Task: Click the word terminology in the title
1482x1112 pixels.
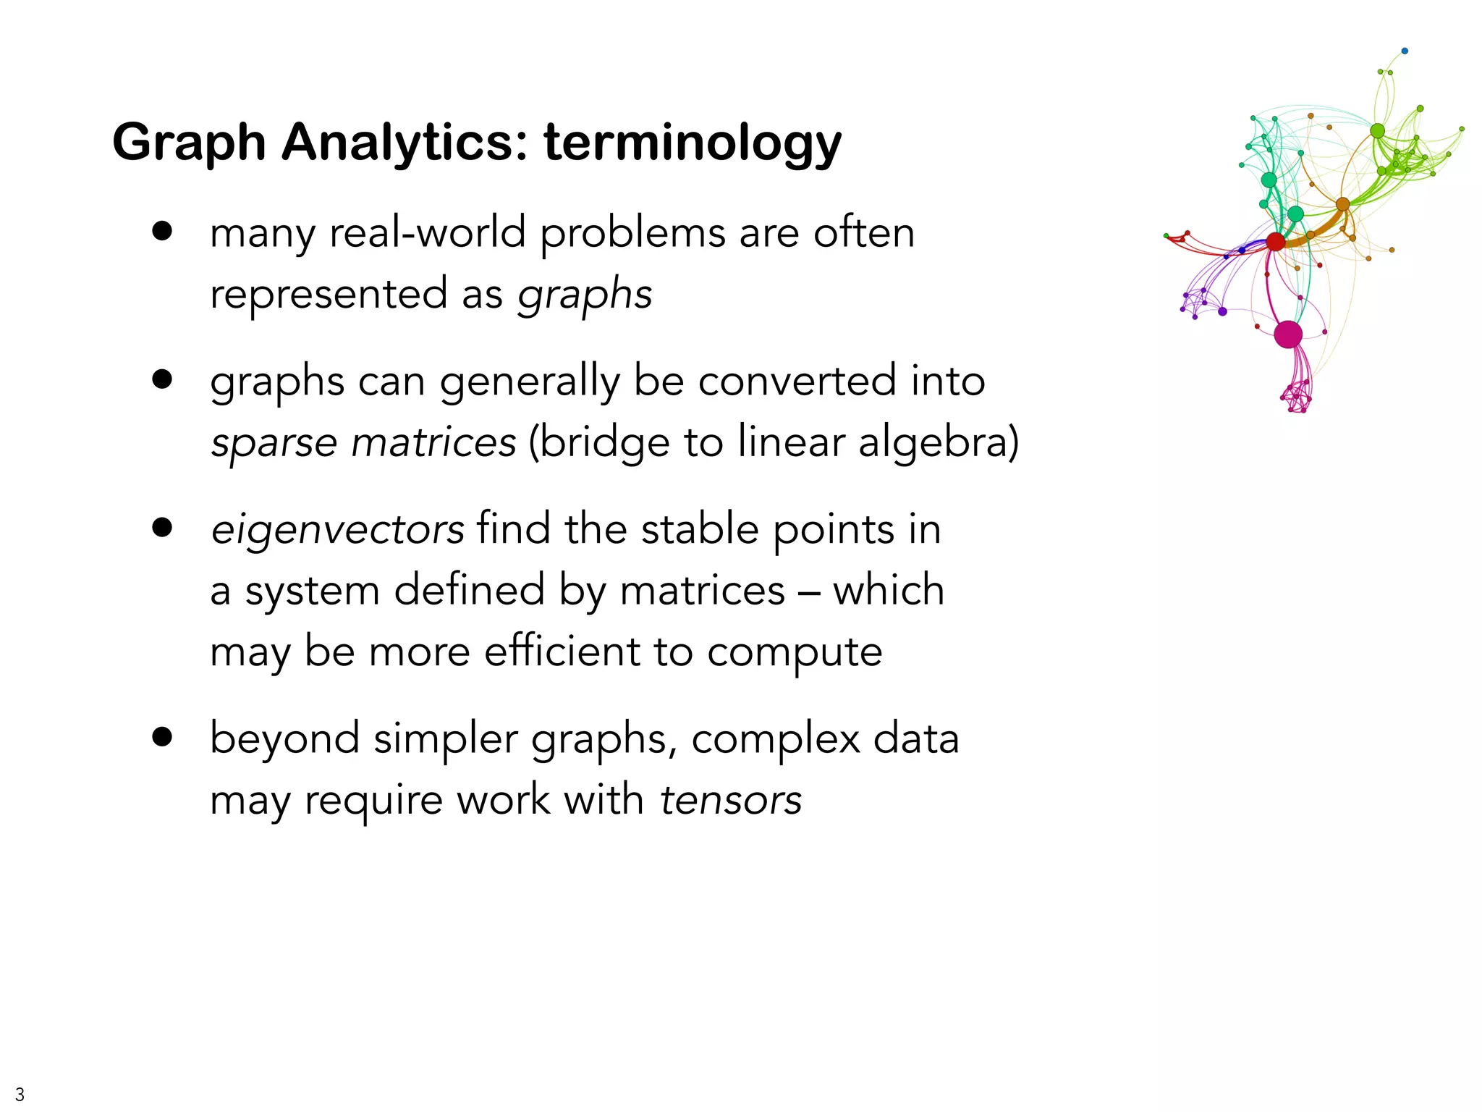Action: (693, 143)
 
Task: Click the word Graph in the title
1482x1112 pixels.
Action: (190, 143)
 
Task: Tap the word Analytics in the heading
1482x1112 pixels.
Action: (405, 143)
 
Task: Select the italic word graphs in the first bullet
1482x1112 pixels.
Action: (585, 295)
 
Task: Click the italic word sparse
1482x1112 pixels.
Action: (274, 443)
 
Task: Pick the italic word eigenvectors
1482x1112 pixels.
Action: (337, 529)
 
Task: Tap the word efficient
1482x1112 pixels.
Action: (562, 651)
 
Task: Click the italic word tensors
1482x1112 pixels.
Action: (731, 800)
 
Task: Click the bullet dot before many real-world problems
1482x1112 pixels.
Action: (163, 231)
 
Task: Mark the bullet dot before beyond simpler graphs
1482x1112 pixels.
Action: (163, 737)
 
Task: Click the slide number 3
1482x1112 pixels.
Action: (20, 1094)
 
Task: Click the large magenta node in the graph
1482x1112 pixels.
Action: (1288, 334)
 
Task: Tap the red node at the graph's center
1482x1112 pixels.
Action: (1276, 242)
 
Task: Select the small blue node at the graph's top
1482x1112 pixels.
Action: (1405, 51)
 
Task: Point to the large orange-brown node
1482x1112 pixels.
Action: (1343, 204)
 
